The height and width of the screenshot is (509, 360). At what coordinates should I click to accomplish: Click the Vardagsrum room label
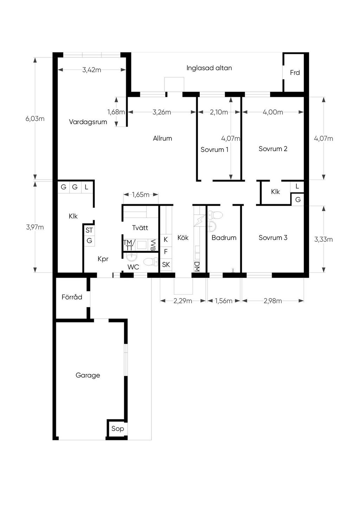(88, 122)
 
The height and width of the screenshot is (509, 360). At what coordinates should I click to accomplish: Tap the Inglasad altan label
(209, 68)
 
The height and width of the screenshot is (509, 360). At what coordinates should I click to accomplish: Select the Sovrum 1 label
(214, 149)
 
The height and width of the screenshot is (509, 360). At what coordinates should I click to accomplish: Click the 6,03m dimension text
(35, 118)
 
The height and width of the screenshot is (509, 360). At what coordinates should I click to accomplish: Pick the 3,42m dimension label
(92, 70)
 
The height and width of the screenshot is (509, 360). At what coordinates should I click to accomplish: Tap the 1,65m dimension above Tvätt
(141, 194)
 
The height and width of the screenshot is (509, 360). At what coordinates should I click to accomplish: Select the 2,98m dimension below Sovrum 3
(273, 301)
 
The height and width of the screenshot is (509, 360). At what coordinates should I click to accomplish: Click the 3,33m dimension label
(323, 239)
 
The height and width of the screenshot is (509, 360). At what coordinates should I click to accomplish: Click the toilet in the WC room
(151, 262)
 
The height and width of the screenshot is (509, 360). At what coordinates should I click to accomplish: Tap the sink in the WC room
(132, 257)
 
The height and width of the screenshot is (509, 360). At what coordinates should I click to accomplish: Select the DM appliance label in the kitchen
(197, 266)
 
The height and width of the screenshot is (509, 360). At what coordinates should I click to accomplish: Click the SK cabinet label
(166, 264)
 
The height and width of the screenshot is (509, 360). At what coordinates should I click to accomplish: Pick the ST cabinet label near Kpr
(89, 230)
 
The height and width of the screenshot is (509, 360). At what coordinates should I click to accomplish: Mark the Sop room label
(117, 429)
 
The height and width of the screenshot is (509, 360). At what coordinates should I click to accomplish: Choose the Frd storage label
(295, 72)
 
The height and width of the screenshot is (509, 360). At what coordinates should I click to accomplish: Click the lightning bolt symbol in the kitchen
(199, 221)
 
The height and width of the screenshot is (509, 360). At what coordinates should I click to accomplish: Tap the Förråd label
(72, 297)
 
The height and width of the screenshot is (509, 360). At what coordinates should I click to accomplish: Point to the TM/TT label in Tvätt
(129, 245)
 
